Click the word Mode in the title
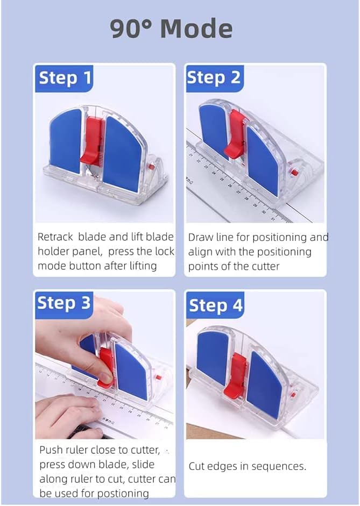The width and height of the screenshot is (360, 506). pyautogui.click(x=196, y=28)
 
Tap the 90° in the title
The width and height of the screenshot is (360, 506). pyautogui.click(x=131, y=28)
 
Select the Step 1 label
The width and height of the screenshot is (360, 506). pyautogui.click(x=65, y=79)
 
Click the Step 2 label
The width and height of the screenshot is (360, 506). pyautogui.click(x=214, y=78)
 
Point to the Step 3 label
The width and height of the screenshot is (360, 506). pyautogui.click(x=64, y=304)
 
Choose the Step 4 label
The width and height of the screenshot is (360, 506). pyautogui.click(x=216, y=305)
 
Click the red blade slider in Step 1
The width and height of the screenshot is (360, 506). pyautogui.click(x=93, y=140)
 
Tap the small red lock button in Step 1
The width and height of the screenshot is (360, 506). pyautogui.click(x=150, y=167)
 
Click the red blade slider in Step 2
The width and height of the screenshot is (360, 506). pyautogui.click(x=236, y=134)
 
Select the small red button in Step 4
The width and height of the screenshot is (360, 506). pyautogui.click(x=294, y=394)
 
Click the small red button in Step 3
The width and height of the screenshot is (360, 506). pyautogui.click(x=159, y=377)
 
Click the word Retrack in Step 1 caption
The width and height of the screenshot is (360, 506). pyautogui.click(x=55, y=237)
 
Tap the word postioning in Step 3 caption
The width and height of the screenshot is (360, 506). pyautogui.click(x=123, y=494)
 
